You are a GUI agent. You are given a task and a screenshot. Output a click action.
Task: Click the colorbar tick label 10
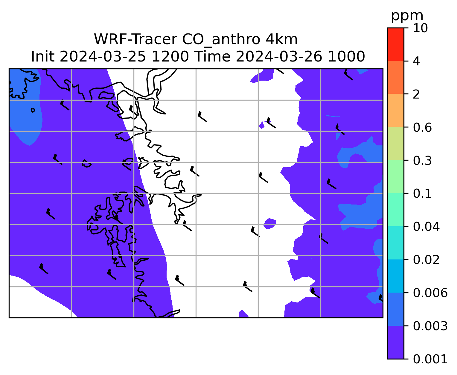pyautogui.click(x=420, y=28)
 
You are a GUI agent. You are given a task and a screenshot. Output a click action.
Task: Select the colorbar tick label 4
pyautogui.click(x=416, y=61)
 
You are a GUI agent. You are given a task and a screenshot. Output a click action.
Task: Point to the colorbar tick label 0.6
pyautogui.click(x=422, y=127)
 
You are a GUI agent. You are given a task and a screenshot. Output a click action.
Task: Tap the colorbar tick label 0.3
pyautogui.click(x=422, y=160)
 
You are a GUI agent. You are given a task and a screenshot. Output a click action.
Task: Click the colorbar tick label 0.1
pyautogui.click(x=422, y=193)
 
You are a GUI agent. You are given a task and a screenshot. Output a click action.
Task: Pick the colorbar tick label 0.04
pyautogui.click(x=426, y=227)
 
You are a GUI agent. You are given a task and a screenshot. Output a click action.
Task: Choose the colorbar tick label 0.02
pyautogui.click(x=426, y=259)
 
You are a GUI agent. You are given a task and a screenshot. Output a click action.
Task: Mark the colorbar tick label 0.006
pyautogui.click(x=430, y=293)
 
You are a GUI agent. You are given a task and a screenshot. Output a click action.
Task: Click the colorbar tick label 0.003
pyautogui.click(x=430, y=326)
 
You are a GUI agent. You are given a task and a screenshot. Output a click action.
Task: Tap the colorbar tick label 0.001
pyautogui.click(x=430, y=359)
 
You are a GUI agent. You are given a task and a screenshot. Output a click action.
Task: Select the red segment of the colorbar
pyautogui.click(x=395, y=44)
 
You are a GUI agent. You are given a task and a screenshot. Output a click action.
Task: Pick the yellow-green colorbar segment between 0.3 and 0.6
pyautogui.click(x=395, y=143)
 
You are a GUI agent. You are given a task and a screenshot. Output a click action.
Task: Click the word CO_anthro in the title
pyautogui.click(x=221, y=40)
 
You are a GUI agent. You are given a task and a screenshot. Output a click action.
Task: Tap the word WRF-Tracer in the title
pyautogui.click(x=135, y=40)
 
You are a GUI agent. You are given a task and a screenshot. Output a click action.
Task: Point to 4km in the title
pyautogui.click(x=281, y=39)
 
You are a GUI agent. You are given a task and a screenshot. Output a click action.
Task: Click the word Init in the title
pyautogui.click(x=43, y=56)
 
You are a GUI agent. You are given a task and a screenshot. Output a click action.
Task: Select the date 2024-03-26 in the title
pyautogui.click(x=279, y=56)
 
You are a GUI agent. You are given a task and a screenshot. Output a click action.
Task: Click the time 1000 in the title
pyautogui.click(x=346, y=56)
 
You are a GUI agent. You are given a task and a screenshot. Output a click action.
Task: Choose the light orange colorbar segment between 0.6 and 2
pyautogui.click(x=395, y=110)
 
